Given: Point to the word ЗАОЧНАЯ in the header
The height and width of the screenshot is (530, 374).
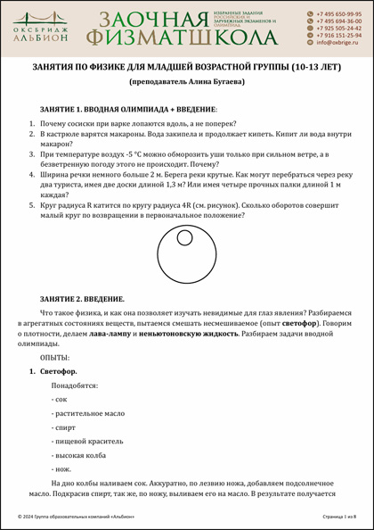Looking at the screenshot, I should pyautogui.click(x=148, y=20).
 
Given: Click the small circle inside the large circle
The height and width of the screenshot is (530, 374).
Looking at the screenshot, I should pyautogui.click(x=184, y=239).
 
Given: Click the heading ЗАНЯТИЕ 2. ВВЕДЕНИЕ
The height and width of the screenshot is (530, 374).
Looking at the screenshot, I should pyautogui.click(x=82, y=298).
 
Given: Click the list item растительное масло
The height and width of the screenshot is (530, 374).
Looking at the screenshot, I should pyautogui.click(x=89, y=413).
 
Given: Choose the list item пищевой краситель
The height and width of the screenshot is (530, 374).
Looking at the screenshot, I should pyautogui.click(x=87, y=441).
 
